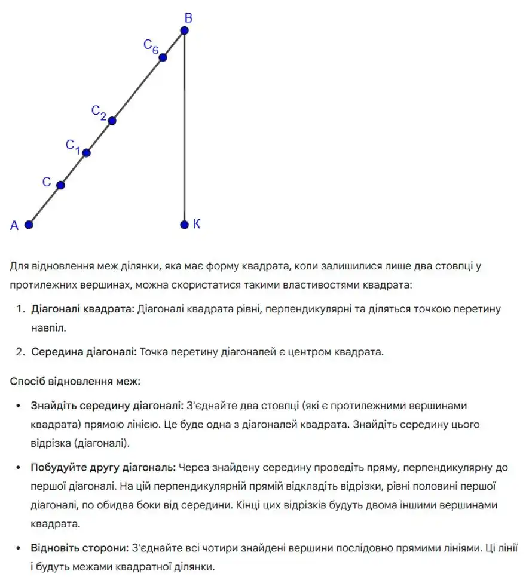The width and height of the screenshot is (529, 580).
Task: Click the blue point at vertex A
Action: (29, 225)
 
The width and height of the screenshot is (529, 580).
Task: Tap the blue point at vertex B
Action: (184, 30)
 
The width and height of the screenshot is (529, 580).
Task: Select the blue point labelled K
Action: (184, 225)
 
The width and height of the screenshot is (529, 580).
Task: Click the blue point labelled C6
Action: (163, 57)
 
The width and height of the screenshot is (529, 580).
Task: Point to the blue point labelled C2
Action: (112, 121)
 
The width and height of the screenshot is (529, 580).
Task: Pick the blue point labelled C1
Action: (86, 153)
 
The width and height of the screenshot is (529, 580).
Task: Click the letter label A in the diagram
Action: (14, 226)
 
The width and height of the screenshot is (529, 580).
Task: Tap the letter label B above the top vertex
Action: (188, 19)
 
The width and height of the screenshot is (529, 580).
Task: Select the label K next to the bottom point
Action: (197, 225)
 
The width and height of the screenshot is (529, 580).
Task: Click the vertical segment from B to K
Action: (184, 131)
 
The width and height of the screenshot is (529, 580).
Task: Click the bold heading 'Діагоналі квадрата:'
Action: (83, 309)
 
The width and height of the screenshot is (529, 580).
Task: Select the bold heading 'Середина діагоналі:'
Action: (84, 352)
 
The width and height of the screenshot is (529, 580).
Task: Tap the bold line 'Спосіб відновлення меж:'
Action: (75, 380)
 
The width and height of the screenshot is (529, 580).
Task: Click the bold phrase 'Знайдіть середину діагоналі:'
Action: (107, 406)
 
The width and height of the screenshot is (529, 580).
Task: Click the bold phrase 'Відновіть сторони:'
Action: (79, 548)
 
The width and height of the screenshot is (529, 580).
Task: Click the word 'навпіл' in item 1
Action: (47, 329)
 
